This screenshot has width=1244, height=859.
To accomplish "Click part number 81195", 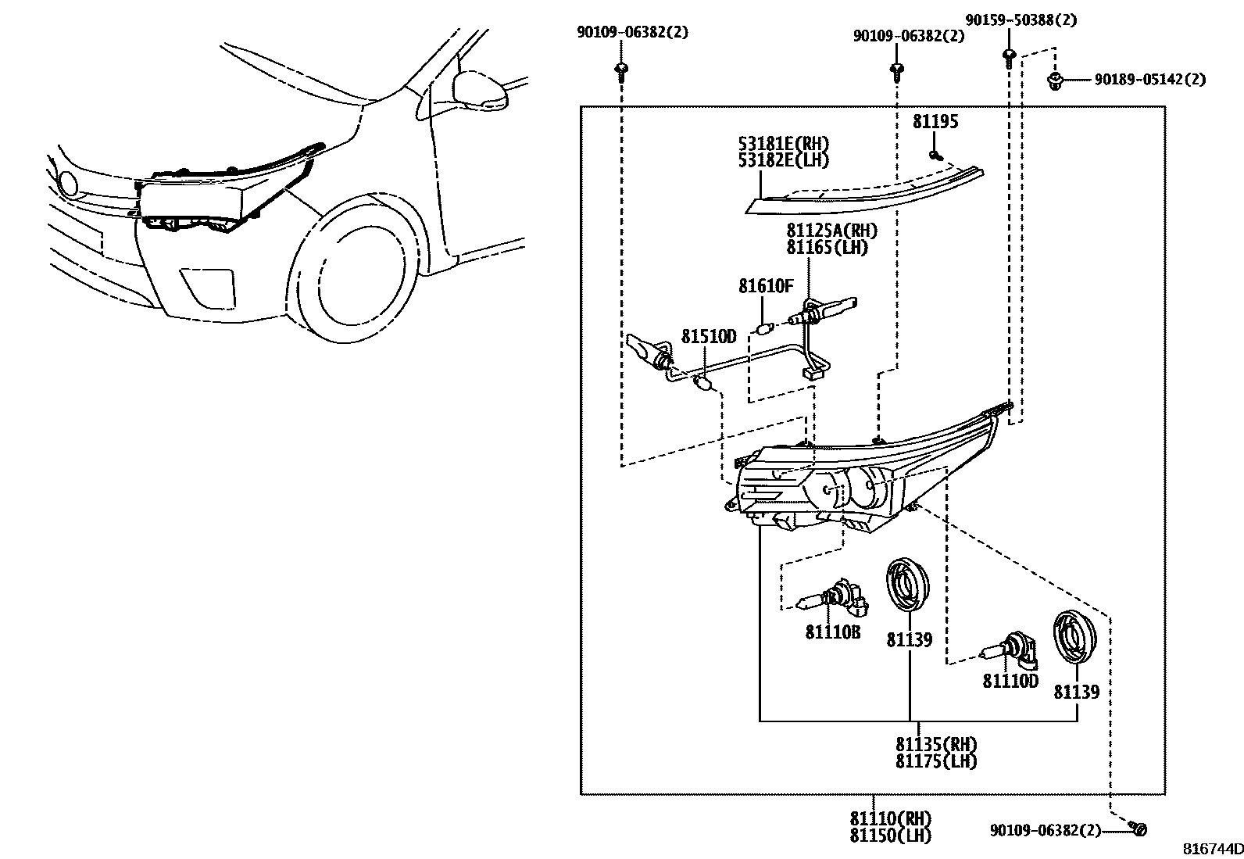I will pos(935,122).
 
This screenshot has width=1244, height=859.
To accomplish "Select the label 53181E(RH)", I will pos(784,145).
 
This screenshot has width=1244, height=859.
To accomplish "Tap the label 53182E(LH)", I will pos(784,160).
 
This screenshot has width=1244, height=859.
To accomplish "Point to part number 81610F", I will pos(766,287).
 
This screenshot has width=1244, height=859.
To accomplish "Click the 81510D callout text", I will pos(709,337).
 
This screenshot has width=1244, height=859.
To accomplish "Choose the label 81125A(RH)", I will pos(831,231).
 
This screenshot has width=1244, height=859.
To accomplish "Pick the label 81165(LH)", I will pos(827,248).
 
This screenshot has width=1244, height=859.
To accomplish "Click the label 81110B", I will pos(833,632).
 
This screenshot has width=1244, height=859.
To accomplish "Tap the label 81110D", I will pos(1010,682).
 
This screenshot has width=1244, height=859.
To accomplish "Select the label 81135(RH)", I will pos(936,744).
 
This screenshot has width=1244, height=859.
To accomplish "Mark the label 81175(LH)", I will pos(936,761).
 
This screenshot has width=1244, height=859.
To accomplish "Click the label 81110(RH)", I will pos(891,818).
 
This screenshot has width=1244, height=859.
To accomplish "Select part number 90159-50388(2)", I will pos(1021,20).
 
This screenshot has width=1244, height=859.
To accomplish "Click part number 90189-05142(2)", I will pos(1149,79).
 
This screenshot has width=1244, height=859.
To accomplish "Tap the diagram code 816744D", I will pos(1211,849).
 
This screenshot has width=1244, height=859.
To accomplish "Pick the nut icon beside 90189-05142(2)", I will pos(1056,80).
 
